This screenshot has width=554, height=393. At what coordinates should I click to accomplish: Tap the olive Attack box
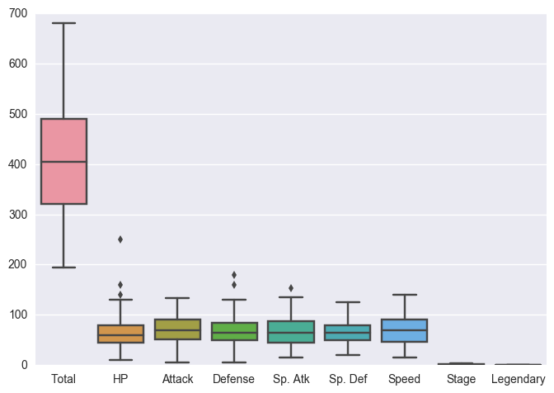pyautogui.click(x=177, y=329)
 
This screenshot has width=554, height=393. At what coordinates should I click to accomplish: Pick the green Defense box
pyautogui.click(x=234, y=331)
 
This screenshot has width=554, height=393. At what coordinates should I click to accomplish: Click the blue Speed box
pyautogui.click(x=404, y=330)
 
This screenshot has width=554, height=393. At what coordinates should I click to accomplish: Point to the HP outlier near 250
pyautogui.click(x=120, y=239)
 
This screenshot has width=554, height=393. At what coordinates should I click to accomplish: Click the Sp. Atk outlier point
pyautogui.click(x=291, y=288)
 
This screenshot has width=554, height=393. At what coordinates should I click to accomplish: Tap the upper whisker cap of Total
pyautogui.click(x=63, y=23)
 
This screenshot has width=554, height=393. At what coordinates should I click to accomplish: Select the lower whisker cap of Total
pyautogui.click(x=63, y=268)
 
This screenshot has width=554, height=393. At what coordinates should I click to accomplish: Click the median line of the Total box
pyautogui.click(x=63, y=162)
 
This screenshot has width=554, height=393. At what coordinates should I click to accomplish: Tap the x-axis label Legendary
pyautogui.click(x=518, y=379)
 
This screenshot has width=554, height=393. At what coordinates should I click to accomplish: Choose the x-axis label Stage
pyautogui.click(x=461, y=379)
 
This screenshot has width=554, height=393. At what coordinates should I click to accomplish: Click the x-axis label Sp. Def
pyautogui.click(x=347, y=379)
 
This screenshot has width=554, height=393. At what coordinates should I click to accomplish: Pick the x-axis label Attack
pyautogui.click(x=177, y=379)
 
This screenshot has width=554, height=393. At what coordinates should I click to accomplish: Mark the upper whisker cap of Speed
pyautogui.click(x=404, y=295)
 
